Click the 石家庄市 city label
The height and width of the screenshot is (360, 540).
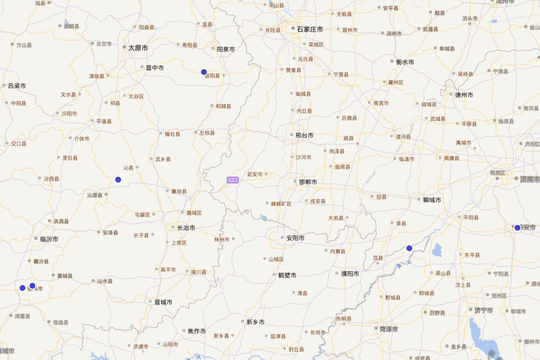click(x=310, y=29)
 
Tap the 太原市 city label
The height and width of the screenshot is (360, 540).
click(x=138, y=48)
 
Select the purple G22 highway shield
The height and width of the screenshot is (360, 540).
click(x=232, y=180)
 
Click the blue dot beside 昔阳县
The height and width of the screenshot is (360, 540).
click(x=204, y=72)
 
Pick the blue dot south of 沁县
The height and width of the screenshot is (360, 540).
click(x=118, y=180)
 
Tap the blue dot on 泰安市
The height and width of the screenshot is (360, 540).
click(x=517, y=228)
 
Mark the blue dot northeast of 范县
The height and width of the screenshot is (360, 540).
click(x=409, y=248)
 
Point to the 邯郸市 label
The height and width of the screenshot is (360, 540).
click(x=308, y=182)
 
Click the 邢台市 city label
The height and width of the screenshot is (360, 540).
click(x=304, y=135)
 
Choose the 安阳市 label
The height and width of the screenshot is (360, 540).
click(x=295, y=238)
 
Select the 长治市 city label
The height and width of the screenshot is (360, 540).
click(x=186, y=228)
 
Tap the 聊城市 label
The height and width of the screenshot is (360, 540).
click(x=432, y=200)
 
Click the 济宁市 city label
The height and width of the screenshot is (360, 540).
click(x=483, y=310)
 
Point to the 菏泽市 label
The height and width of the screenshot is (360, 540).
click(x=388, y=329)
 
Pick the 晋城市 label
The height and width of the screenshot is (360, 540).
click(x=163, y=302)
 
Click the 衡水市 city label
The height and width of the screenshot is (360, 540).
click(x=405, y=62)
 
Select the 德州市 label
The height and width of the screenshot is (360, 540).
click(x=464, y=95)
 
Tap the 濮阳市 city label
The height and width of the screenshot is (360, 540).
click(x=350, y=274)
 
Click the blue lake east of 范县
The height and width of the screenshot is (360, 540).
click(x=436, y=250)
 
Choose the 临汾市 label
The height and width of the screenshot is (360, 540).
click(x=49, y=239)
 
